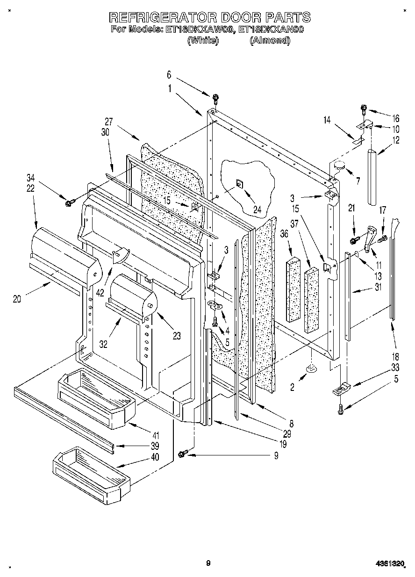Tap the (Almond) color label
coord(270,41)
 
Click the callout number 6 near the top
coord(169,74)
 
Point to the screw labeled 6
coord(215,98)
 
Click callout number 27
coord(109,121)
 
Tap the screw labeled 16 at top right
coord(364,109)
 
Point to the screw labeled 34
coord(69,202)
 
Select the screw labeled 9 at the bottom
coord(183,453)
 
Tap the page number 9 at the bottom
coord(208,563)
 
